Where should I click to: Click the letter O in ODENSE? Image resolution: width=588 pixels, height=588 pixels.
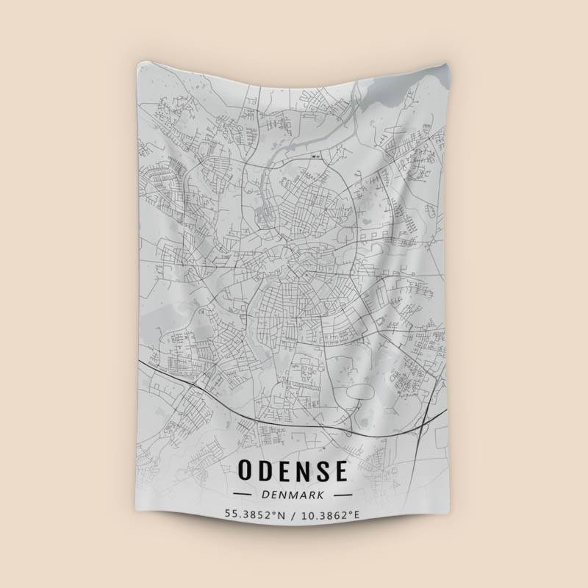[x=248, y=469]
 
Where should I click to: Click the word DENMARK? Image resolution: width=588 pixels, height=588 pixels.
[x=293, y=495]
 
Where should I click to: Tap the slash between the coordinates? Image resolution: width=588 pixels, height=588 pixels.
[x=294, y=514]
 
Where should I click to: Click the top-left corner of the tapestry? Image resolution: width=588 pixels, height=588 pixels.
[x=138, y=64]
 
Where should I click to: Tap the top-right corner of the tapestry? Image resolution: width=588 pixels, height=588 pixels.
[x=445, y=64]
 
